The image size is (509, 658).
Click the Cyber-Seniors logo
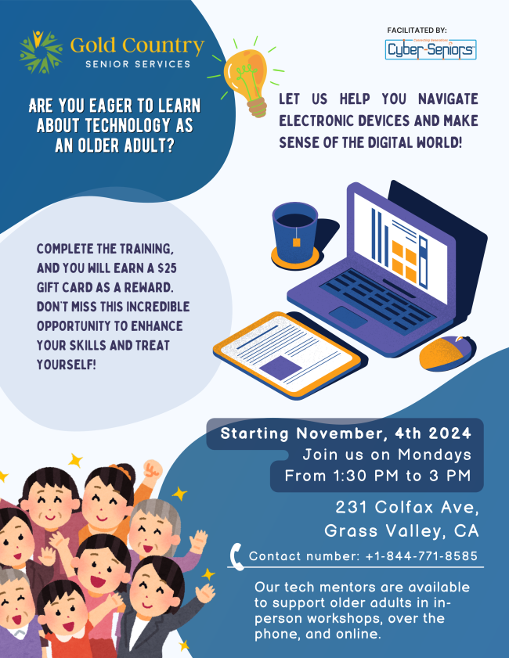(x=431, y=49)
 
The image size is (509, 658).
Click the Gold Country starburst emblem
(x=42, y=52)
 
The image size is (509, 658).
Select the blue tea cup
(x=294, y=232)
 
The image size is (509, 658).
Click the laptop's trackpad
(x=348, y=317)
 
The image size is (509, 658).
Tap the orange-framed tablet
(x=287, y=354)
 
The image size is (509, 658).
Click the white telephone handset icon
(x=237, y=556)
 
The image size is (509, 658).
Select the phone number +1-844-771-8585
(x=421, y=556)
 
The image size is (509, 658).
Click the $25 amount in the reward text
(x=167, y=268)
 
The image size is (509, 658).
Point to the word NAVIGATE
(x=448, y=99)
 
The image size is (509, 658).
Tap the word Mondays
(x=435, y=455)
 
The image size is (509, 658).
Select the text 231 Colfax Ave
(x=407, y=507)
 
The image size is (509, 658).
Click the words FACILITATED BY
(x=417, y=31)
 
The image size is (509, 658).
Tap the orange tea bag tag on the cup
(x=297, y=242)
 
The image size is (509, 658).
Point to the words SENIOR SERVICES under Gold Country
(x=138, y=64)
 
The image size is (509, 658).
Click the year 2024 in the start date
(x=449, y=433)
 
